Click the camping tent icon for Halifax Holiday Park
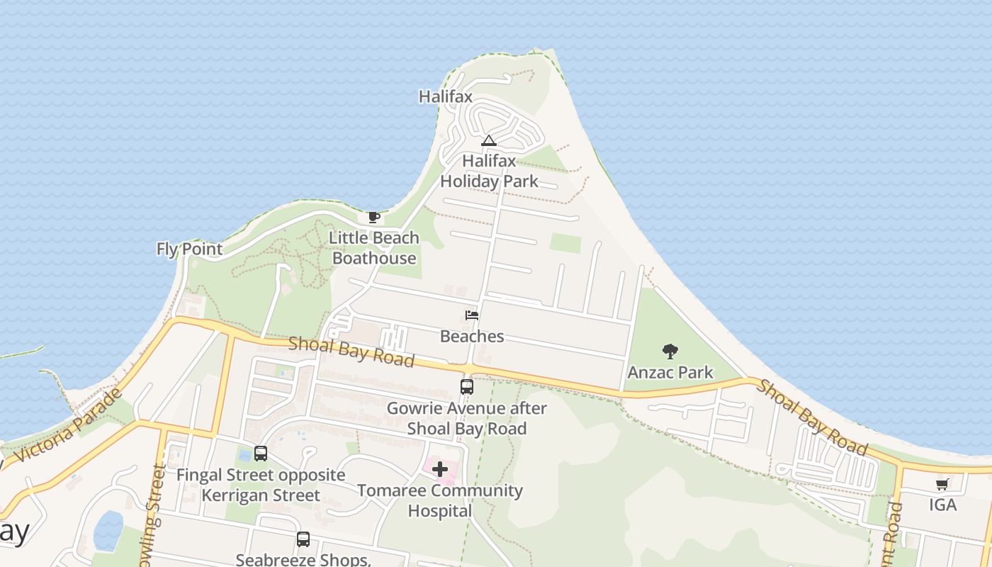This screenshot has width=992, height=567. [x=489, y=140]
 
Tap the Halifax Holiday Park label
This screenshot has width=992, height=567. [x=490, y=171]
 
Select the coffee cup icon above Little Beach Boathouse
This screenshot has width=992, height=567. [x=374, y=217]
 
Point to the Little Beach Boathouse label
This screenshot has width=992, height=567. [x=374, y=248]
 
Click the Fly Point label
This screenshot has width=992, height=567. [x=190, y=249]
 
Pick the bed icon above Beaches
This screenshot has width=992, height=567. [x=472, y=315]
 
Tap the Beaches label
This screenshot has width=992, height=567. [x=472, y=336]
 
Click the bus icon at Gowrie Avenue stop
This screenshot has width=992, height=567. [x=467, y=387]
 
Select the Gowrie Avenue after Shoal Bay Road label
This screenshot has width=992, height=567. [x=467, y=419]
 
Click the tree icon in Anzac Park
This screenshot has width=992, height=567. [x=670, y=351]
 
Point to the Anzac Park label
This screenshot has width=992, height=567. [x=670, y=372]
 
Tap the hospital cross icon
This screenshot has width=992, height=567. [x=440, y=469]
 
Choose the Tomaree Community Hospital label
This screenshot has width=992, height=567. [x=440, y=500]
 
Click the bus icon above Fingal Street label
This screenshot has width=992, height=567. [x=261, y=454]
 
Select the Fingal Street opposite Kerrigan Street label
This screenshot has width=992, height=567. [x=261, y=485]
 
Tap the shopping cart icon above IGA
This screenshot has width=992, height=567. [x=942, y=485]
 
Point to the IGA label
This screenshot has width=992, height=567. [x=942, y=505]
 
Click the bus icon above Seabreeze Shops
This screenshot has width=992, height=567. [x=303, y=539]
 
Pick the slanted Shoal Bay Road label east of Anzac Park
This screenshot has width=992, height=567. [x=812, y=417]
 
